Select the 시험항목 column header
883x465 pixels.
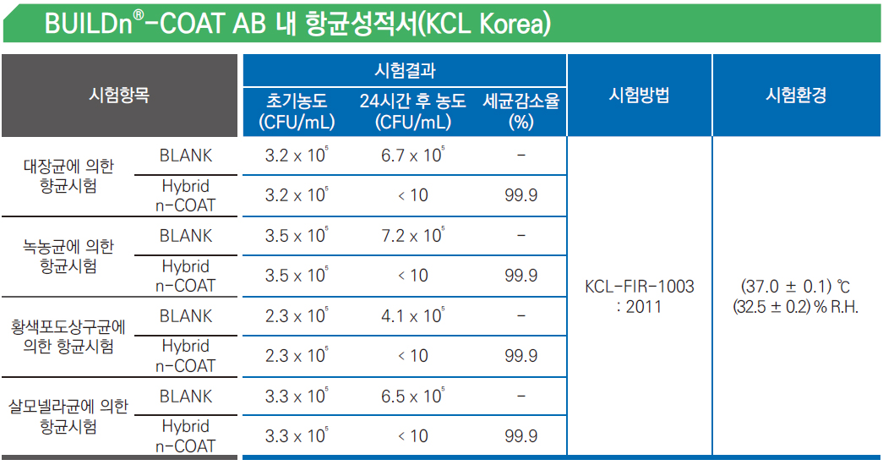(x=119, y=95)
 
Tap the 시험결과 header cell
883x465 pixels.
(x=405, y=70)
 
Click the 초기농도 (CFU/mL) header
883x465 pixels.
(x=297, y=111)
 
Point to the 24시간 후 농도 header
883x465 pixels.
(x=413, y=101)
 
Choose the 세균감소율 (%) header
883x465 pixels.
(x=521, y=111)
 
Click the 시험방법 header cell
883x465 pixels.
(x=639, y=95)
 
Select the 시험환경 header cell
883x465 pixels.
(x=796, y=95)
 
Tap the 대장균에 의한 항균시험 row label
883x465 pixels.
(x=68, y=176)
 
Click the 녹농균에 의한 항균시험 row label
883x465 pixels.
(x=68, y=256)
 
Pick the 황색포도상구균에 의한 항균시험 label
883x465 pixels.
(x=68, y=336)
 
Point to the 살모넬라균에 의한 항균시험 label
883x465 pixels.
(x=68, y=417)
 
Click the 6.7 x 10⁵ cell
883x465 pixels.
(x=413, y=155)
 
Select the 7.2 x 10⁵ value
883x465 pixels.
(x=413, y=235)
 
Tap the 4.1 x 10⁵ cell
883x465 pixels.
(x=413, y=315)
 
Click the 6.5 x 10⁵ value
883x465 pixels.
(x=413, y=396)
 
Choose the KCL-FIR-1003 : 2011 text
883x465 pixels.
(x=639, y=297)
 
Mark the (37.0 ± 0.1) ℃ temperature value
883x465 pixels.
(x=796, y=287)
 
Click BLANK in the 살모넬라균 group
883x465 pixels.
(x=186, y=397)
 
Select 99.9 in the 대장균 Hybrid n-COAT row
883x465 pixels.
(x=521, y=195)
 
